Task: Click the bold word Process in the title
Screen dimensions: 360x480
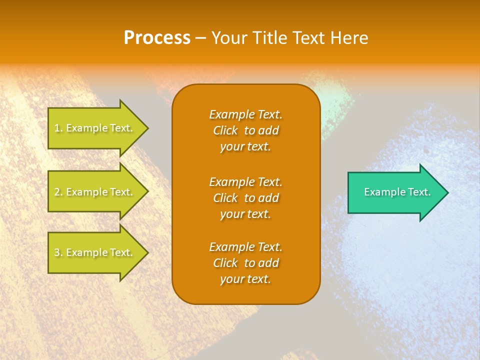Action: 157,38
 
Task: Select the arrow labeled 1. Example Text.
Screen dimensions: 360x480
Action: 95,128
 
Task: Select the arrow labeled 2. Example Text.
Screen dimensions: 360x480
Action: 95,192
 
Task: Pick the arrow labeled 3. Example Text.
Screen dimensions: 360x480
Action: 95,252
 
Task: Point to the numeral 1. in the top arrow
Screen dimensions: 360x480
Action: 58,128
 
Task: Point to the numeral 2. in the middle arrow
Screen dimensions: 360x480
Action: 58,192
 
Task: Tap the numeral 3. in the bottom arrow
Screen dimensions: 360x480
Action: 58,252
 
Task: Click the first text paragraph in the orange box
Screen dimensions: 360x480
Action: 245,130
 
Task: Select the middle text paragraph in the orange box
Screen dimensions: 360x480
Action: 245,198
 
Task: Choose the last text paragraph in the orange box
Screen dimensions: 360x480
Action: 245,263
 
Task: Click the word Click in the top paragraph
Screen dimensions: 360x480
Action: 225,131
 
